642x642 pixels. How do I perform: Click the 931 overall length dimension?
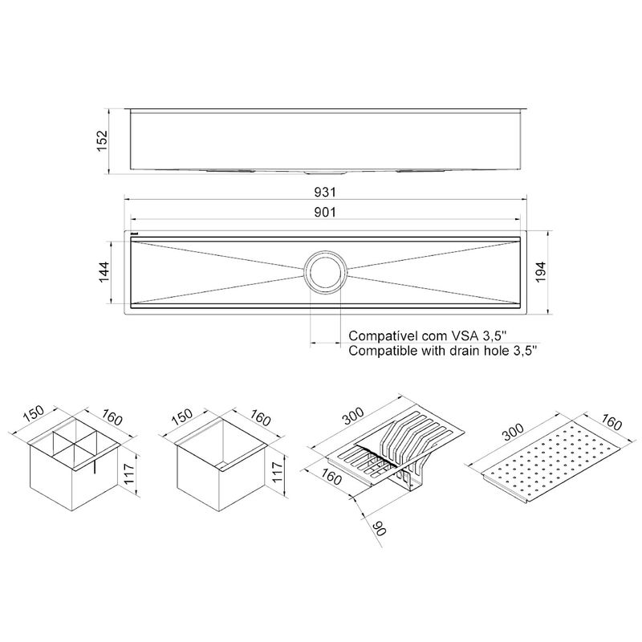325,192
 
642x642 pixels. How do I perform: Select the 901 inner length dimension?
325,212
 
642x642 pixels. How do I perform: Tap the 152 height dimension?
102,141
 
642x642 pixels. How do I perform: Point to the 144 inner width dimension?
104,272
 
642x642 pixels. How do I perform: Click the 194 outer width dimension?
541,272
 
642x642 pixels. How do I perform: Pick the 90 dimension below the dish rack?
380,528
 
